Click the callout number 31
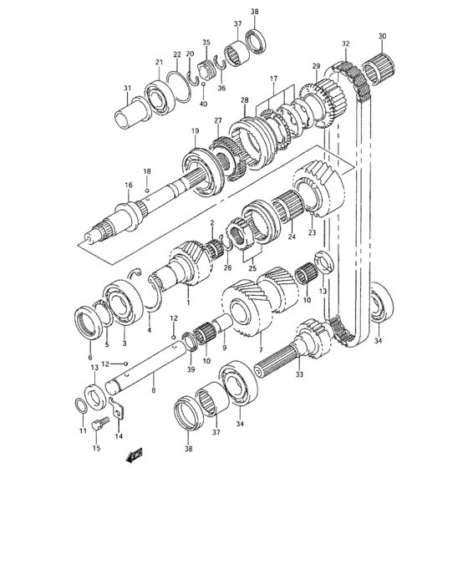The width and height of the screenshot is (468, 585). pos(127,89)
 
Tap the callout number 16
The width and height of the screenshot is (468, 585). pos(129,186)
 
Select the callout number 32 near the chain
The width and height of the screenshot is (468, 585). pos(345,44)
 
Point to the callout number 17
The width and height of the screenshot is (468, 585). pos(272,79)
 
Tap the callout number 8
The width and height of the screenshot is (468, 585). pos(154,389)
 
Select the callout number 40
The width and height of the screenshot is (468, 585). pos(202,104)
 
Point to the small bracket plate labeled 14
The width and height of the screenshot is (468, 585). pos(117,413)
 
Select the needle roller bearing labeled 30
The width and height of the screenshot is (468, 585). pos(380,63)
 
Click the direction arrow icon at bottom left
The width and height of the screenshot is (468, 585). pos(133,457)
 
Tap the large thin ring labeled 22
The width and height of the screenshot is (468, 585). pos(177,80)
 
